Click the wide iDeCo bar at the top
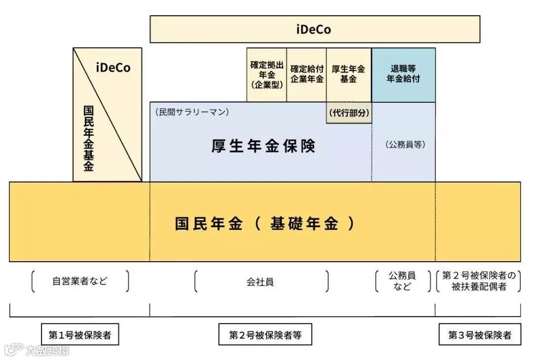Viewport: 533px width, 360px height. tap(315, 29)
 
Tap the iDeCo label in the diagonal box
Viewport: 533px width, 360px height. tap(113, 68)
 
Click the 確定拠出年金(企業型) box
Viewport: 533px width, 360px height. tap(266, 75)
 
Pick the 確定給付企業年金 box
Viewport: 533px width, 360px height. tap(306, 75)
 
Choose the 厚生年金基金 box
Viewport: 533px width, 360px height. tap(348, 75)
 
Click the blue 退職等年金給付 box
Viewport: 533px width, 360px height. tap(403, 75)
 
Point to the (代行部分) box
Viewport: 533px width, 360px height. tap(349, 113)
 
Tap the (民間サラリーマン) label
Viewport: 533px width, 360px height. tap(192, 112)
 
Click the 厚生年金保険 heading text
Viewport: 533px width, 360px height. tap(263, 147)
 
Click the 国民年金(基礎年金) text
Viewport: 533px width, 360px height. tap(265, 224)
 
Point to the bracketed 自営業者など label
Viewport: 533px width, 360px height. tap(80, 281)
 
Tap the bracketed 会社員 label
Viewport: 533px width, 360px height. tap(260, 282)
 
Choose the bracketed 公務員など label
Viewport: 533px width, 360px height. tap(402, 281)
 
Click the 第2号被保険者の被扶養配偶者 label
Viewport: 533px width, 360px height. tap(479, 281)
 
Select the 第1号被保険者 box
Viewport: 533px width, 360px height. tap(80, 335)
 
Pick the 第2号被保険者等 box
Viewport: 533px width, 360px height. tap(265, 335)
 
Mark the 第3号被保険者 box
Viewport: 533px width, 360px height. tap(479, 335)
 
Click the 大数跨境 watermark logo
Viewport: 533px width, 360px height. tap(37, 350)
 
